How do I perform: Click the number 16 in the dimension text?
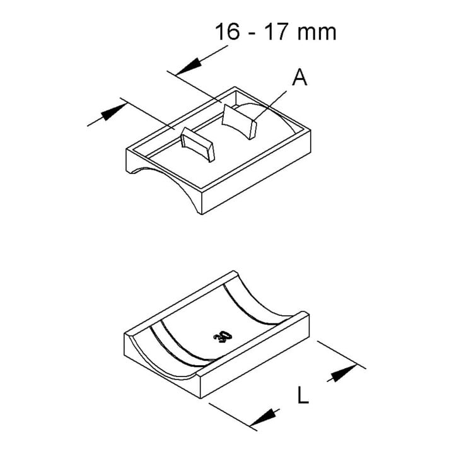coord(228,32)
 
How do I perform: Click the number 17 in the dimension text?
coord(277,32)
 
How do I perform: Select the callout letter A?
coord(300,78)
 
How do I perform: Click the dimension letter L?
coord(303,395)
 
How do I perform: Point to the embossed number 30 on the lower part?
coord(223,336)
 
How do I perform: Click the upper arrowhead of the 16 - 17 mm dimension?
coord(189,66)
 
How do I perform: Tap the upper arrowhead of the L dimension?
coord(344,373)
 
